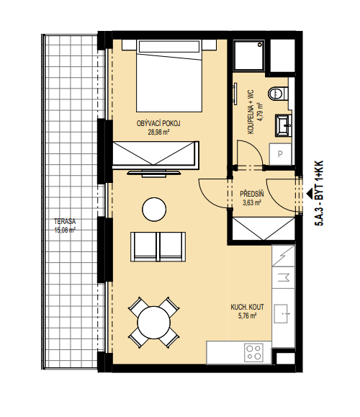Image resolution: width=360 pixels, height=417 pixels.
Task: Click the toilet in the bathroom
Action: pyautogui.click(x=278, y=94)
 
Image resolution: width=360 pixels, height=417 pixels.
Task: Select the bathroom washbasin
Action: pyautogui.click(x=284, y=125)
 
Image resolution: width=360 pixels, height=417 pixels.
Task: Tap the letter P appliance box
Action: pyautogui.click(x=280, y=154)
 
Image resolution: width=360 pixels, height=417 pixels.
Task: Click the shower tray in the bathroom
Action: pyautogui.click(x=249, y=55)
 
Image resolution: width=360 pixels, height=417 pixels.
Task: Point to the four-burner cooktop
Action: pyautogui.click(x=253, y=352)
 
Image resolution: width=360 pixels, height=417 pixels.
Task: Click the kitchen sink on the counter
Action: pyautogui.click(x=282, y=314)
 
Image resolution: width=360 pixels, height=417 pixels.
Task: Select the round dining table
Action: pyautogui.click(x=154, y=323)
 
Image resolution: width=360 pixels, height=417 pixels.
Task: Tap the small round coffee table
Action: pyautogui.click(x=154, y=210)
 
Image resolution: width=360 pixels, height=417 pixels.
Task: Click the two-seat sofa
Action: pyautogui.click(x=158, y=247)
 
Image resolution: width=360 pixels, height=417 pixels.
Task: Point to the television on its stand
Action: pyautogui.click(x=154, y=174)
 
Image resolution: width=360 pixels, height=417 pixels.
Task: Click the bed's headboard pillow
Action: pyautogui.click(x=168, y=47)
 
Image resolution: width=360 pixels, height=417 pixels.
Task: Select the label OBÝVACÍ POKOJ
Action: pyautogui.click(x=158, y=123)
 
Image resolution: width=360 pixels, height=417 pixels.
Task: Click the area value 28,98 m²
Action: pyautogui.click(x=158, y=133)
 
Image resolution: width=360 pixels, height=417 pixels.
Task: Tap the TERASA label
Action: pyautogui.click(x=65, y=221)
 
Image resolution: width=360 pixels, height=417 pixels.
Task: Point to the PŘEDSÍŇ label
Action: pyautogui.click(x=252, y=194)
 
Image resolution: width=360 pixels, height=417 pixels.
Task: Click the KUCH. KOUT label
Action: pyautogui.click(x=247, y=307)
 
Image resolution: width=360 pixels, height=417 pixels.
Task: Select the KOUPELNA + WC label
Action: pyautogui.click(x=251, y=112)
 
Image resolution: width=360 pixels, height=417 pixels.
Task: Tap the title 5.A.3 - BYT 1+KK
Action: pyautogui.click(x=319, y=193)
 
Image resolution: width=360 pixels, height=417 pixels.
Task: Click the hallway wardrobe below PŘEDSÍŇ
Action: pyautogui.click(x=264, y=228)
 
